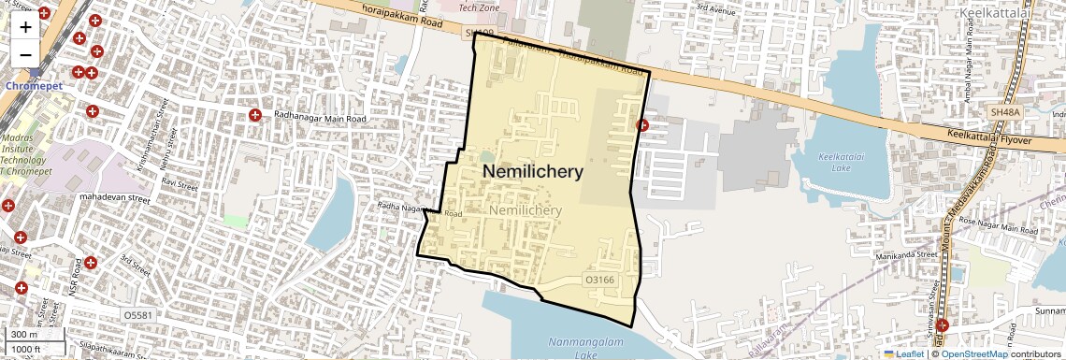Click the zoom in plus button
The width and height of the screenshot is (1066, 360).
(25, 26)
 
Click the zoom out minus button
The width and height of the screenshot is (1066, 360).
(25, 53)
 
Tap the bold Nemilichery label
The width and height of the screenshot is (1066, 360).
(532, 172)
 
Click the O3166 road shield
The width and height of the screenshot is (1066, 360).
(599, 280)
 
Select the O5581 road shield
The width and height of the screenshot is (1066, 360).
(138, 316)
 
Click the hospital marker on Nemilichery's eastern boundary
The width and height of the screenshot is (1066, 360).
(642, 124)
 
